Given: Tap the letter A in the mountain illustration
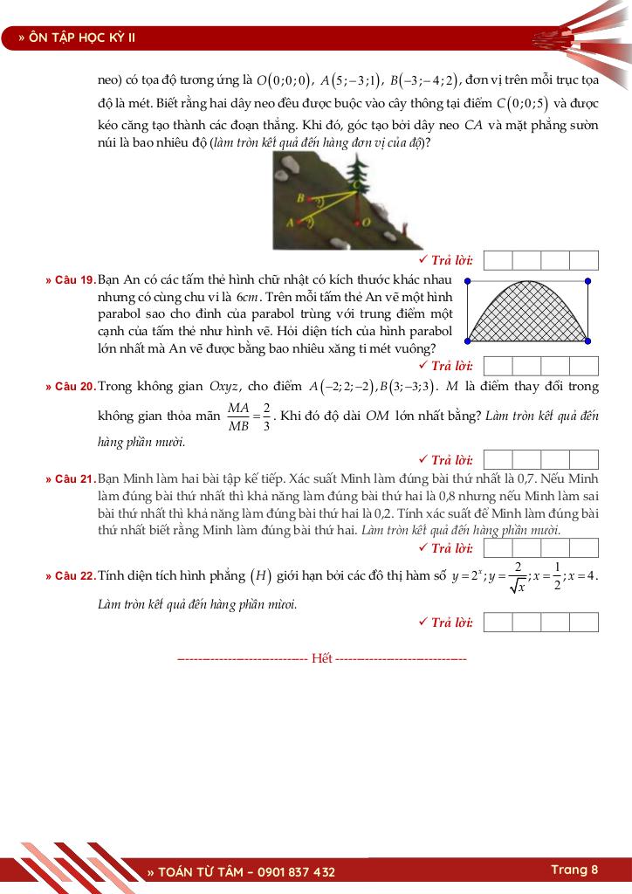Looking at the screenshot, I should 291,223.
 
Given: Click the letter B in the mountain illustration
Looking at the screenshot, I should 302,198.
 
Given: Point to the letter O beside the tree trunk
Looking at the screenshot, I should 367,223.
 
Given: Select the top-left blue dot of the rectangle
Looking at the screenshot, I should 468,281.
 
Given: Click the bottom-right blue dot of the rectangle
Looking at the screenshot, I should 587,340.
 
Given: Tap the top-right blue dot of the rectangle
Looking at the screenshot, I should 587,281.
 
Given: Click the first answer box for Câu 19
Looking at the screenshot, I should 498,366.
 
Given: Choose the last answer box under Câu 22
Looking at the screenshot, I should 584,622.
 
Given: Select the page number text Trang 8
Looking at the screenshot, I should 574,870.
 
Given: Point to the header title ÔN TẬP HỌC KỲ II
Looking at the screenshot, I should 83,38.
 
